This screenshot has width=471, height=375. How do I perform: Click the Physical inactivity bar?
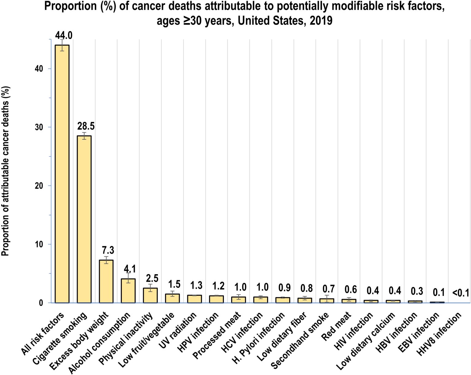[x=150, y=295]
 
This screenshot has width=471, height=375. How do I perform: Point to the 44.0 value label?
[x=63, y=35]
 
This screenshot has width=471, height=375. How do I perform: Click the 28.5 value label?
[x=86, y=126]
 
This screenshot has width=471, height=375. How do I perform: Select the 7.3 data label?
[x=108, y=250]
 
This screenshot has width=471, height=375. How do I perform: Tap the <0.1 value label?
[x=461, y=293]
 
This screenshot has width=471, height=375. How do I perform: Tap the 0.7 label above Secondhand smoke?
[x=328, y=289]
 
